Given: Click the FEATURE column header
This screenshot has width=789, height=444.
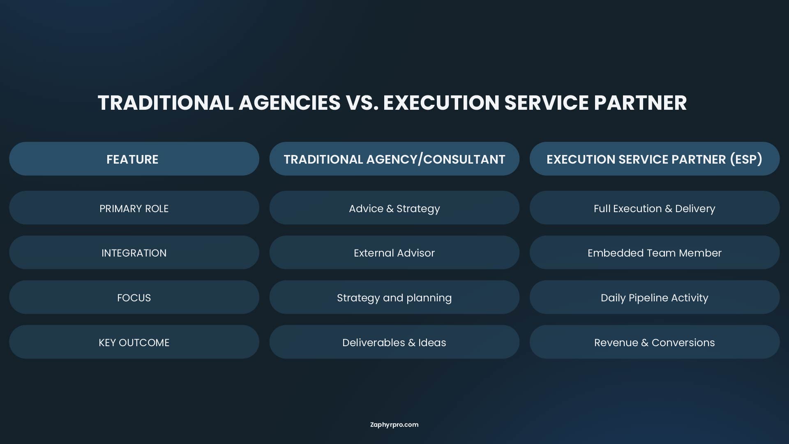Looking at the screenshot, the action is [x=134, y=159].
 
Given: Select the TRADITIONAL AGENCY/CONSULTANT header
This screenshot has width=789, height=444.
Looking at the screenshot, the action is [x=394, y=159].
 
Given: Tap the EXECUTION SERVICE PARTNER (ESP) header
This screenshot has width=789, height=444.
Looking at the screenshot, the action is [x=654, y=159].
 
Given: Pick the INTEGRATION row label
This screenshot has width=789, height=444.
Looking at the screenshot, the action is [x=134, y=252].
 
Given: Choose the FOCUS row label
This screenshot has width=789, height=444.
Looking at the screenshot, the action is [x=134, y=297].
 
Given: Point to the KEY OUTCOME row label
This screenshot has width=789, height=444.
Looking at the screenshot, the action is [x=134, y=342].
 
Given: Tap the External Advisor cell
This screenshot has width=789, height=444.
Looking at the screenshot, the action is [x=394, y=252].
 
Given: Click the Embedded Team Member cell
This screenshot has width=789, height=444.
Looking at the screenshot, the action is [x=654, y=252].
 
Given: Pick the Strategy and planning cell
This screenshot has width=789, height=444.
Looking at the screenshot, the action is [x=394, y=297].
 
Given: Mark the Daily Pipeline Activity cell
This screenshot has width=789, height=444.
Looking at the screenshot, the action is [x=654, y=297].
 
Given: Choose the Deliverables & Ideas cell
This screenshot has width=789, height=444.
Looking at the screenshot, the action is [x=394, y=342].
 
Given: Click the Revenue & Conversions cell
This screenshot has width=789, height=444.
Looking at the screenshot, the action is [x=654, y=342].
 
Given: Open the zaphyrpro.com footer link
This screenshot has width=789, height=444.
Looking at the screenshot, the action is [x=394, y=425].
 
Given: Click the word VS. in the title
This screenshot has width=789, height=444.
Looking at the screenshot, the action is [x=362, y=103].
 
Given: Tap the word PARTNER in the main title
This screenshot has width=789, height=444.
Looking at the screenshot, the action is [x=640, y=103].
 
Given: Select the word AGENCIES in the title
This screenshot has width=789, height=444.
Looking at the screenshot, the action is [x=290, y=103].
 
